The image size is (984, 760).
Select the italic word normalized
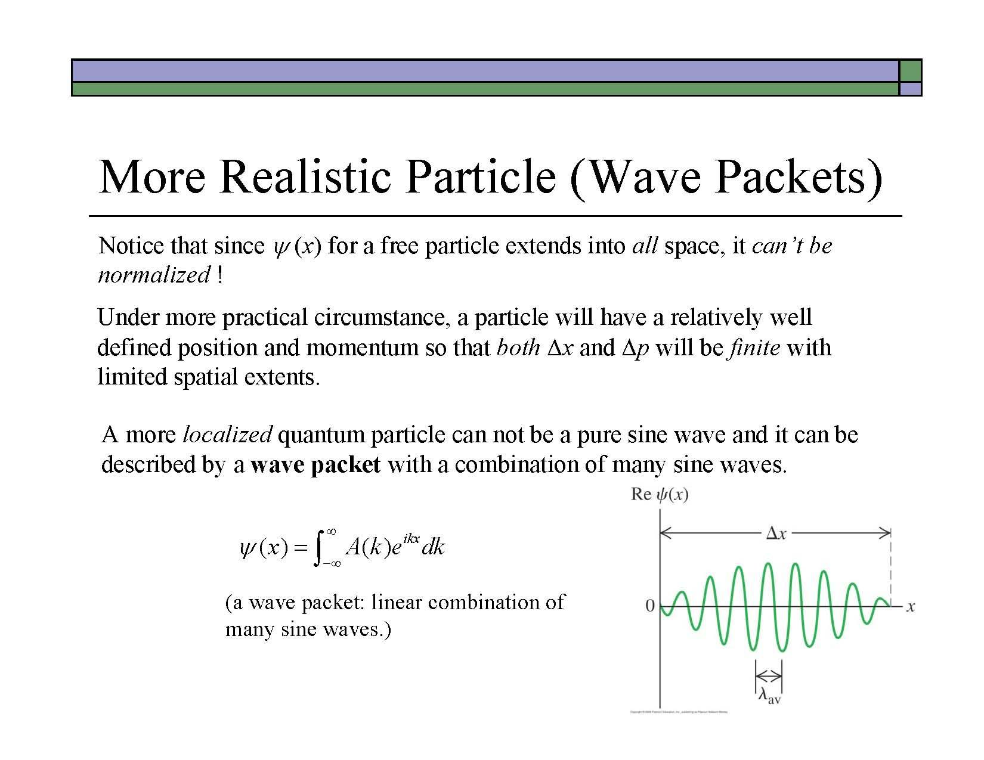coord(154,275)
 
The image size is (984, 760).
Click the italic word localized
coord(227,435)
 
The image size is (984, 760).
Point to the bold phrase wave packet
coord(315,464)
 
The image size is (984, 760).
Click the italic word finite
coord(754,347)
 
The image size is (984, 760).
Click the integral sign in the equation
coord(320,547)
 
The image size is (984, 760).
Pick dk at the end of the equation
coord(433,547)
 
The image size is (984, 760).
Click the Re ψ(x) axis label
coord(660,495)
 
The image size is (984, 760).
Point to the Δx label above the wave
coord(776,533)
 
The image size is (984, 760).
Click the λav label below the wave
coord(769,696)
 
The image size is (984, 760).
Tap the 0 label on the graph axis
coord(650,606)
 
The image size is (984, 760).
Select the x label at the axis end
coord(911,607)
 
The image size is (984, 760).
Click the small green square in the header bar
coord(911,70)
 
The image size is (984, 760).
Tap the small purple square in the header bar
coord(911,89)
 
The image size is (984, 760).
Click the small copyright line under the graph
coord(679,712)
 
